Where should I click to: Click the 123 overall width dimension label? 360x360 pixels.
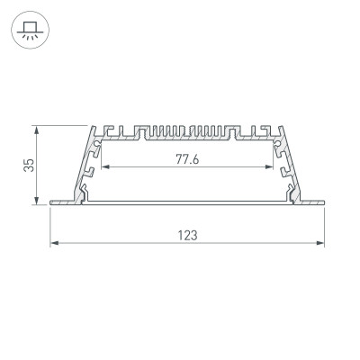click(x=187, y=235)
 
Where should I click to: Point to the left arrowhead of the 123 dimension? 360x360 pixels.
click(x=51, y=243)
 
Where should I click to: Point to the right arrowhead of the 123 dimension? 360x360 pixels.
click(x=321, y=243)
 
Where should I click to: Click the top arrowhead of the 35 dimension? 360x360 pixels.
click(x=38, y=127)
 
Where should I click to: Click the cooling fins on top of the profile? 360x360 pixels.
click(x=187, y=131)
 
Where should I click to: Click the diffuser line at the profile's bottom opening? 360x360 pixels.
click(x=187, y=201)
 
